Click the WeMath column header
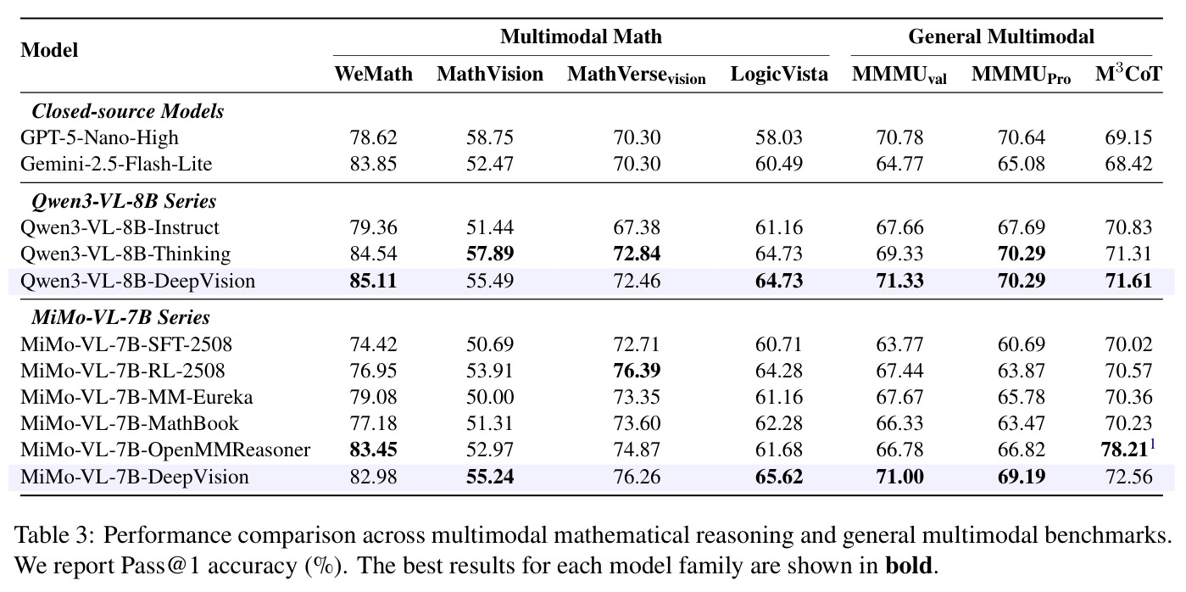373,74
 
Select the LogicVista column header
779,74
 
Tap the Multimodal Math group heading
581,36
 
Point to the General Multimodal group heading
1001,36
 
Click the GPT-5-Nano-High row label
99,137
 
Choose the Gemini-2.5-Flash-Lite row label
116,164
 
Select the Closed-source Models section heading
128,111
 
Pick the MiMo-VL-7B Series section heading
120,317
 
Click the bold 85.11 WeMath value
373,281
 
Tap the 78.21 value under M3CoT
1124,450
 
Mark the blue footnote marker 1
1152,444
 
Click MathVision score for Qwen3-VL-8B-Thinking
490,254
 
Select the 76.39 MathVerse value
637,371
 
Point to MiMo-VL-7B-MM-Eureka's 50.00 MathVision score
490,397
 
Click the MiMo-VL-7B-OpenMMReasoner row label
165,450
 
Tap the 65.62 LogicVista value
779,477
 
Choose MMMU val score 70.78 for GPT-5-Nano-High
899,137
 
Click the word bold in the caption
909,566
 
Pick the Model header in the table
49,50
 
